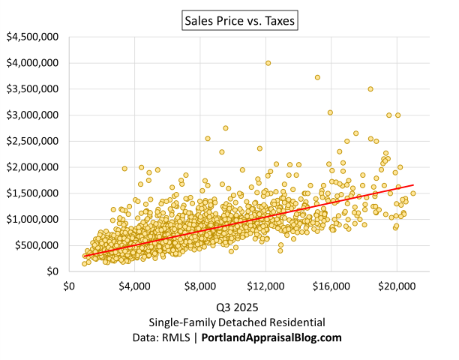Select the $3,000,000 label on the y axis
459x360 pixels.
click(34, 115)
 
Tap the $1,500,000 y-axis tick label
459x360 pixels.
click(34, 193)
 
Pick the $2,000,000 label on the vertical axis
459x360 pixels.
click(34, 167)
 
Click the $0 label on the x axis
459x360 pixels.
click(69, 286)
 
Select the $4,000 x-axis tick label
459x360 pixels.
click(135, 286)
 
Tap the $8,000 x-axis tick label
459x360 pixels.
click(200, 286)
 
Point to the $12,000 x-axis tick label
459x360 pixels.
click(265, 286)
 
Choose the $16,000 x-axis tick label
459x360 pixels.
click(331, 286)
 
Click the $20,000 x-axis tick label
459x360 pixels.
click(397, 286)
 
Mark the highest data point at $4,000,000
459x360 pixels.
click(268, 63)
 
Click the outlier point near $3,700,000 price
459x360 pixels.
click(317, 77)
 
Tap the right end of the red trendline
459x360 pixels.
click(413, 184)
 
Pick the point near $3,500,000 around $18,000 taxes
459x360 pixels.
click(370, 89)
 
